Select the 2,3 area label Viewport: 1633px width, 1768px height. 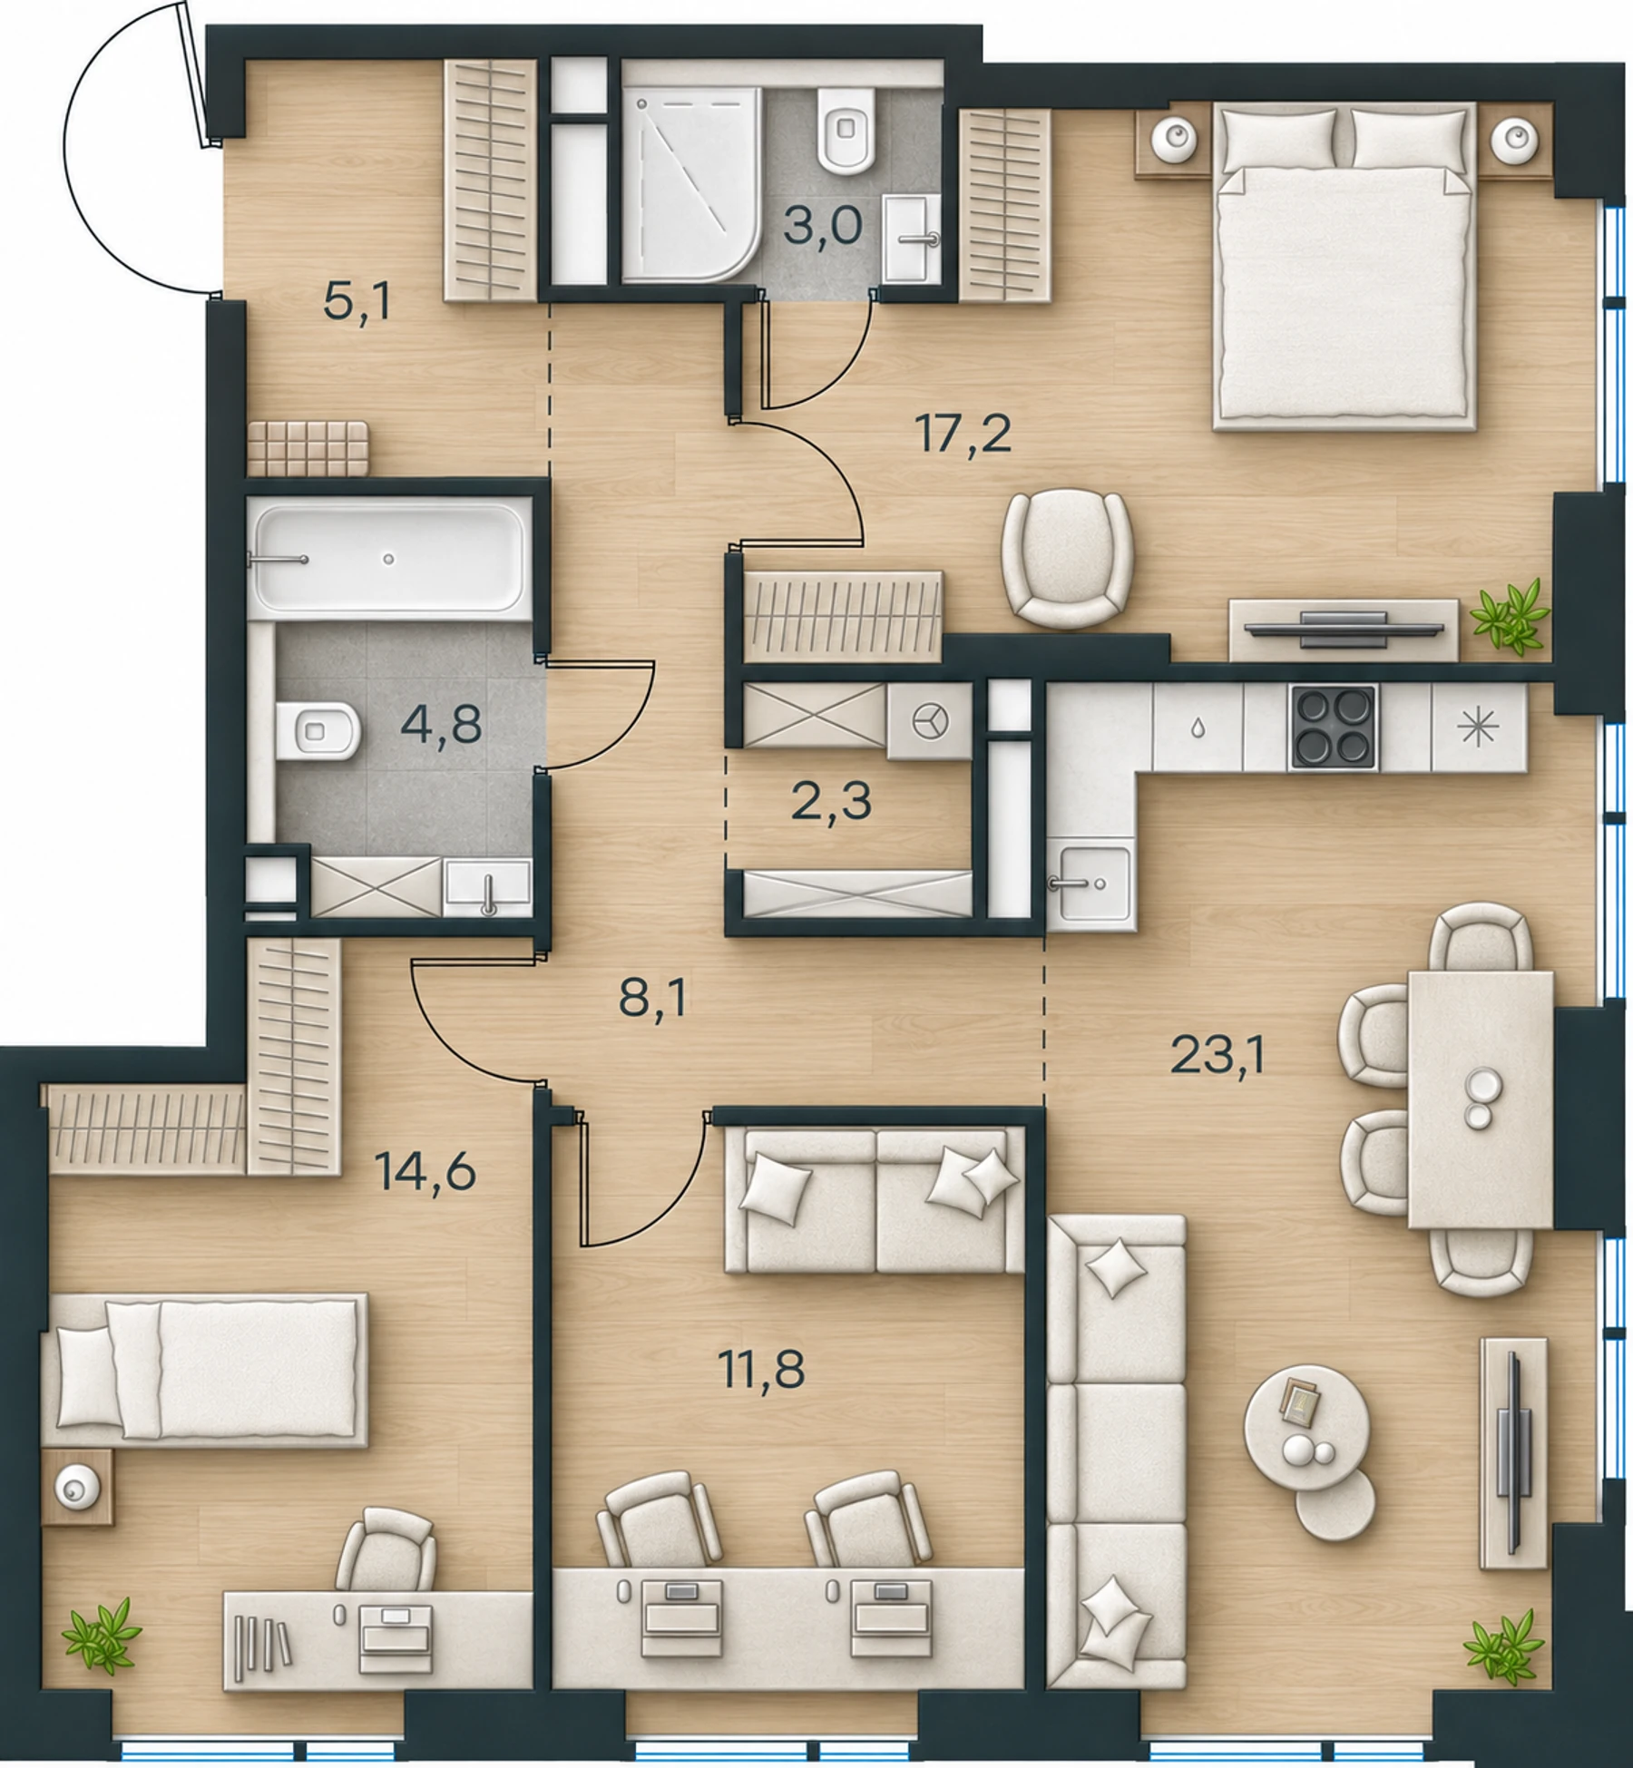pos(831,802)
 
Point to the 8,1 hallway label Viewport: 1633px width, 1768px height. pos(652,999)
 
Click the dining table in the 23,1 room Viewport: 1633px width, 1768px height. pos(1481,1099)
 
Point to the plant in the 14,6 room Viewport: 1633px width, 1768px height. pos(102,1636)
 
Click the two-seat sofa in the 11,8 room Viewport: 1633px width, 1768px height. pos(875,1199)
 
